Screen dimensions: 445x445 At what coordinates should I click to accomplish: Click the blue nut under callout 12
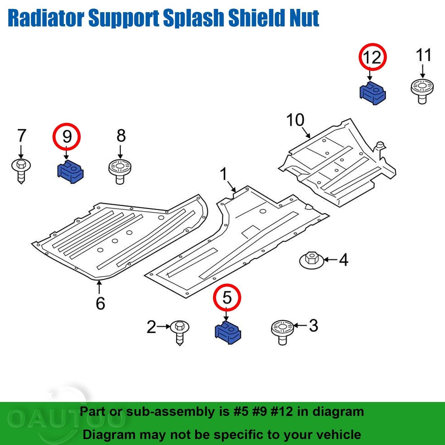point(372,93)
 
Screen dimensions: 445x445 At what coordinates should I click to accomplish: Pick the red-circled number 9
point(67,136)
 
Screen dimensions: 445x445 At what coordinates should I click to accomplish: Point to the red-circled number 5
point(227,297)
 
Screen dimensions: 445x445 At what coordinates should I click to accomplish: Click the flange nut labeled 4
point(311,260)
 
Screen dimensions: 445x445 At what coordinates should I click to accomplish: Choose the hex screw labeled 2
point(180,332)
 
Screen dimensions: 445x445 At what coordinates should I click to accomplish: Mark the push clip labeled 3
point(282,331)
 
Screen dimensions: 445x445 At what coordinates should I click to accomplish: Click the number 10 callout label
point(295,120)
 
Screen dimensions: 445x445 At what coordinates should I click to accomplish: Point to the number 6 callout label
point(100,303)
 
